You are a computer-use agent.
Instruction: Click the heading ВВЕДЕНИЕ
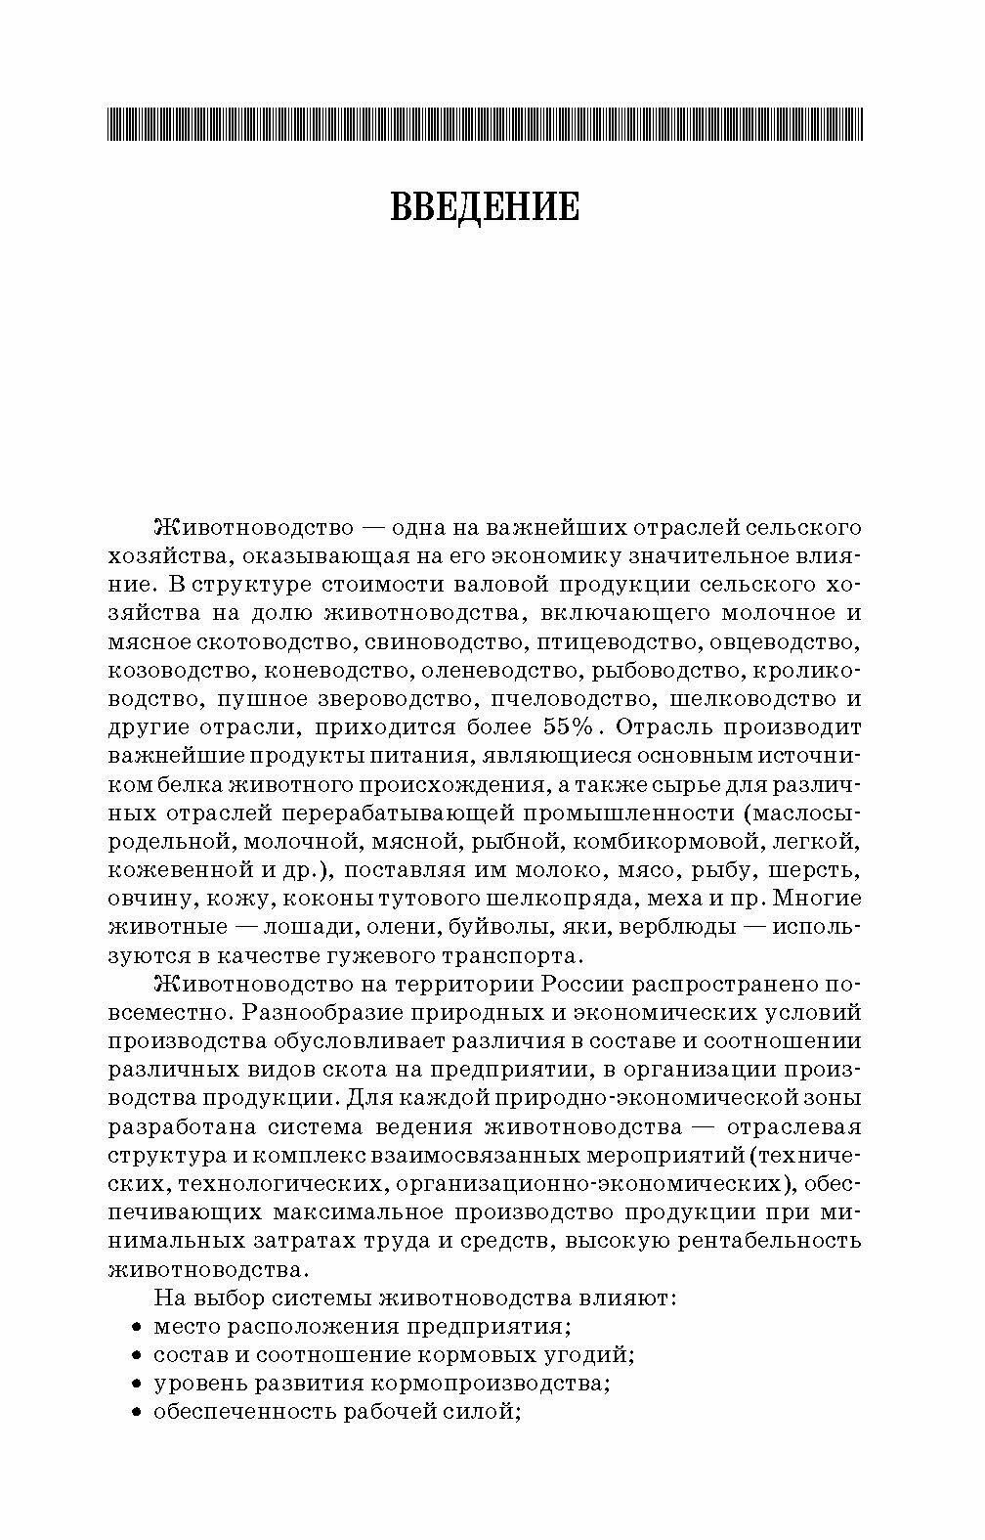[x=485, y=208]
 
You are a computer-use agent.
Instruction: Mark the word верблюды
[x=688, y=926]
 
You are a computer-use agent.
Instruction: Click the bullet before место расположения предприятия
[x=136, y=1328]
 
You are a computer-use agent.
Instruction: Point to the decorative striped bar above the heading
[x=485, y=124]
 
